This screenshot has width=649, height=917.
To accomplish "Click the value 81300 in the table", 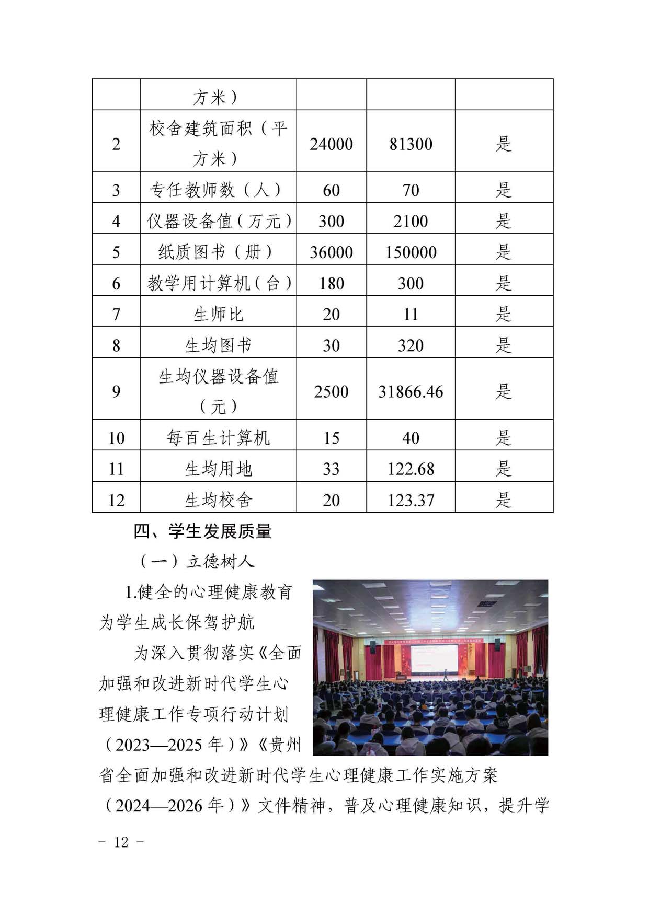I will coord(411,144).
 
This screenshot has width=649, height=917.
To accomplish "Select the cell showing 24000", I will coord(331,144).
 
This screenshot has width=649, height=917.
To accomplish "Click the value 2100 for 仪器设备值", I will coord(411,221).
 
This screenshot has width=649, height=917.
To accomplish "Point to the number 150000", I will coord(411,252).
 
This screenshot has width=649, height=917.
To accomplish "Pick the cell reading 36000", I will coord(331,252).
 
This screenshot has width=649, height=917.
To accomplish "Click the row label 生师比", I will coord(218,314).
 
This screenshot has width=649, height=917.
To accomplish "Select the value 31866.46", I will coord(411,391).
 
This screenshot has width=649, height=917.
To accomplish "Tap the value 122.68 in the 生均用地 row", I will coord(411,469).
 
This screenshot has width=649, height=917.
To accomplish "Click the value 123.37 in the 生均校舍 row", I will coord(411,500).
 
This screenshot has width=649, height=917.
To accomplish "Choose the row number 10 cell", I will coord(116,438).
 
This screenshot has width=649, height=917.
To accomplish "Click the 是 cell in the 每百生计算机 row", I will coord(503,438).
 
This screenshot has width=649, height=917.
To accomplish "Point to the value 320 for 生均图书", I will coord(411,345).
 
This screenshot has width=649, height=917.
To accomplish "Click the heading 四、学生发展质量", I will coord(202,531).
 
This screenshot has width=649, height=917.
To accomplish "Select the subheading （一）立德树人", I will coord(197,562).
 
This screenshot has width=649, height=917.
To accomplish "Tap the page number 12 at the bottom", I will coord(121,842).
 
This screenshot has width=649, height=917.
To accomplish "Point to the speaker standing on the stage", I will coord(446,674).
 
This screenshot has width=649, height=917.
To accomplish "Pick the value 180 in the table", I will coord(331,283).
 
